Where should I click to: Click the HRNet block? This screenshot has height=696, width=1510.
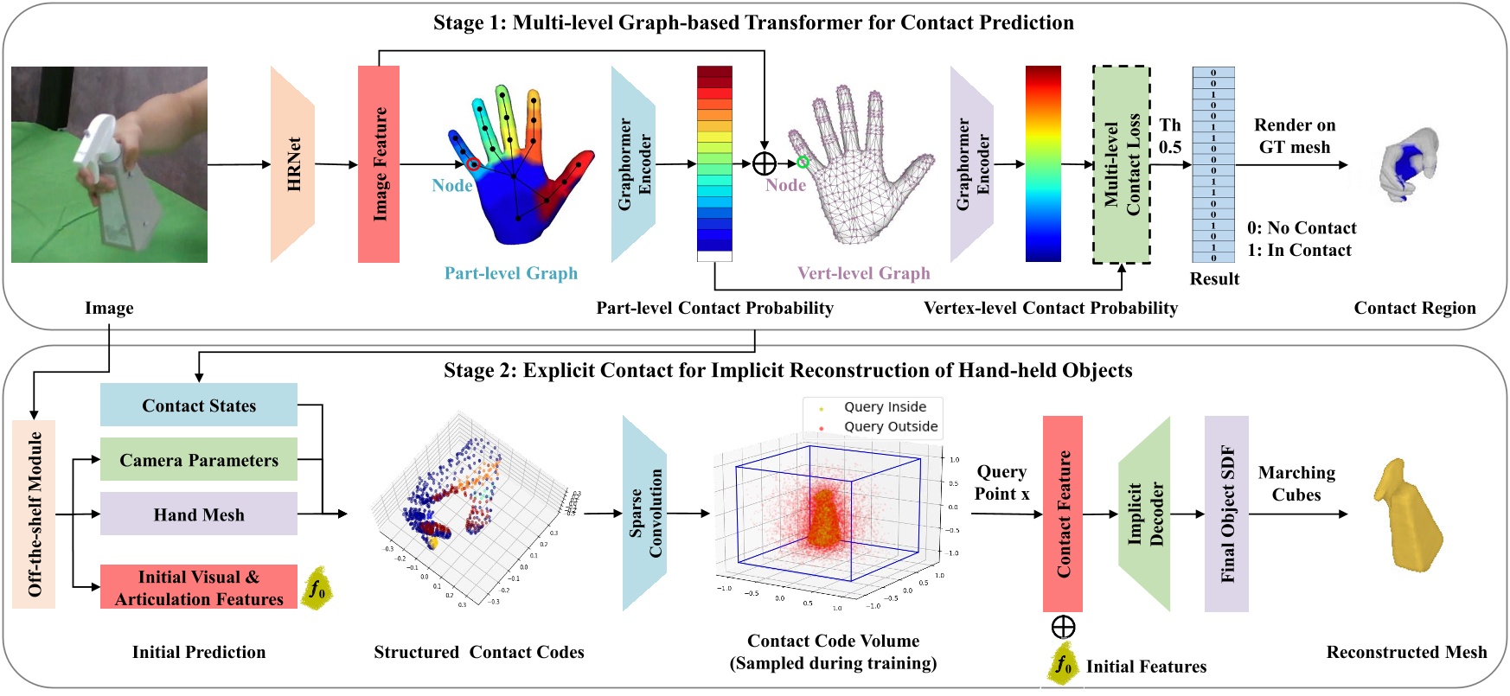pyautogui.click(x=292, y=164)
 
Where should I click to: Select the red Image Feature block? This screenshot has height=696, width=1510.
pyautogui.click(x=379, y=164)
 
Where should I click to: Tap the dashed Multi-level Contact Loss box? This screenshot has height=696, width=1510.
pyautogui.click(x=1122, y=164)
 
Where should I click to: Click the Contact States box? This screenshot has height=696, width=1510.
pyautogui.click(x=199, y=405)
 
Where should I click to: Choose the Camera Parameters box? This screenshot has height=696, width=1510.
pyautogui.click(x=199, y=460)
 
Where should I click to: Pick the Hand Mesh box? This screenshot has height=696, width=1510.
pyautogui.click(x=199, y=514)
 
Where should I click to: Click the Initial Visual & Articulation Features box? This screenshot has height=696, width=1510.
pyautogui.click(x=199, y=588)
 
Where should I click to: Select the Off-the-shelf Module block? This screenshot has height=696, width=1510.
pyautogui.click(x=35, y=514)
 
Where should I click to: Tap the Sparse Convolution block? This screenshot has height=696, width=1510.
pyautogui.click(x=644, y=514)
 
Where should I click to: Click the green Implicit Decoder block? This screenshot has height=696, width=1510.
pyautogui.click(x=1144, y=514)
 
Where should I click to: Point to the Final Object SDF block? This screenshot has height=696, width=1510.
pyautogui.click(x=1226, y=514)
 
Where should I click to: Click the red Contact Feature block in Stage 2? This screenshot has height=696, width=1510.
pyautogui.click(x=1063, y=514)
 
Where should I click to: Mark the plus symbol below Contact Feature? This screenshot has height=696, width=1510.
pyautogui.click(x=1063, y=627)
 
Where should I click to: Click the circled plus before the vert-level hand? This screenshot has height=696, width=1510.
pyautogui.click(x=765, y=163)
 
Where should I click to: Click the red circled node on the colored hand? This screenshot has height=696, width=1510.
pyautogui.click(x=472, y=163)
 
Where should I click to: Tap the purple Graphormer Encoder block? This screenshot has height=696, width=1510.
pyautogui.click(x=972, y=164)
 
